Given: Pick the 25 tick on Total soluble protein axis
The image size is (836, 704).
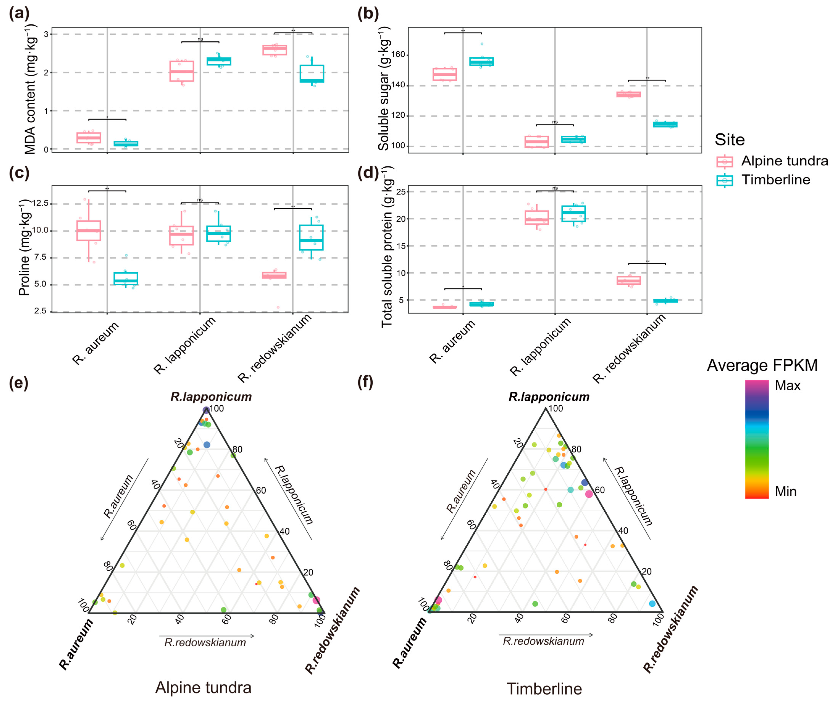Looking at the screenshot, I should (401, 192).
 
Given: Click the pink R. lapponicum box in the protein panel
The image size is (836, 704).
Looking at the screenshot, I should (536, 217).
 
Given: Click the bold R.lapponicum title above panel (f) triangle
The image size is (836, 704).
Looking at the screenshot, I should (549, 397).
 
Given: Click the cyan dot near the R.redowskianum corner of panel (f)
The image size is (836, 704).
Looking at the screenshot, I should (652, 604).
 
